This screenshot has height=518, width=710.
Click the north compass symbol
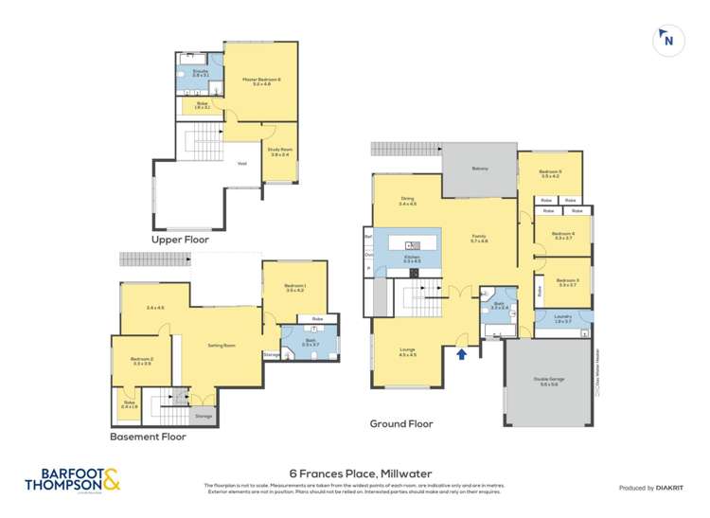pyautogui.click(x=668, y=39)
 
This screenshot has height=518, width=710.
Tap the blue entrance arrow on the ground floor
pyautogui.click(x=462, y=354)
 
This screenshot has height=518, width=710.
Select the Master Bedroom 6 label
pyautogui.click(x=256, y=80)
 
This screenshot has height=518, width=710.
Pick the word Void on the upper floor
pyautogui.click(x=242, y=163)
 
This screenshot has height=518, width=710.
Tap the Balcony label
pyautogui.click(x=480, y=169)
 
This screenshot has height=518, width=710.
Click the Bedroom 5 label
pyautogui.click(x=550, y=173)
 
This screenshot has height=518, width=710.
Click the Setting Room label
pyautogui.click(x=222, y=346)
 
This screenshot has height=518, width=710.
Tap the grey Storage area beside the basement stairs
pyautogui.click(x=204, y=415)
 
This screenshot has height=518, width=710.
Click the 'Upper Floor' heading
pyautogui.click(x=180, y=241)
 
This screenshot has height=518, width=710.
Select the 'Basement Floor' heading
pyautogui.click(x=149, y=437)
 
